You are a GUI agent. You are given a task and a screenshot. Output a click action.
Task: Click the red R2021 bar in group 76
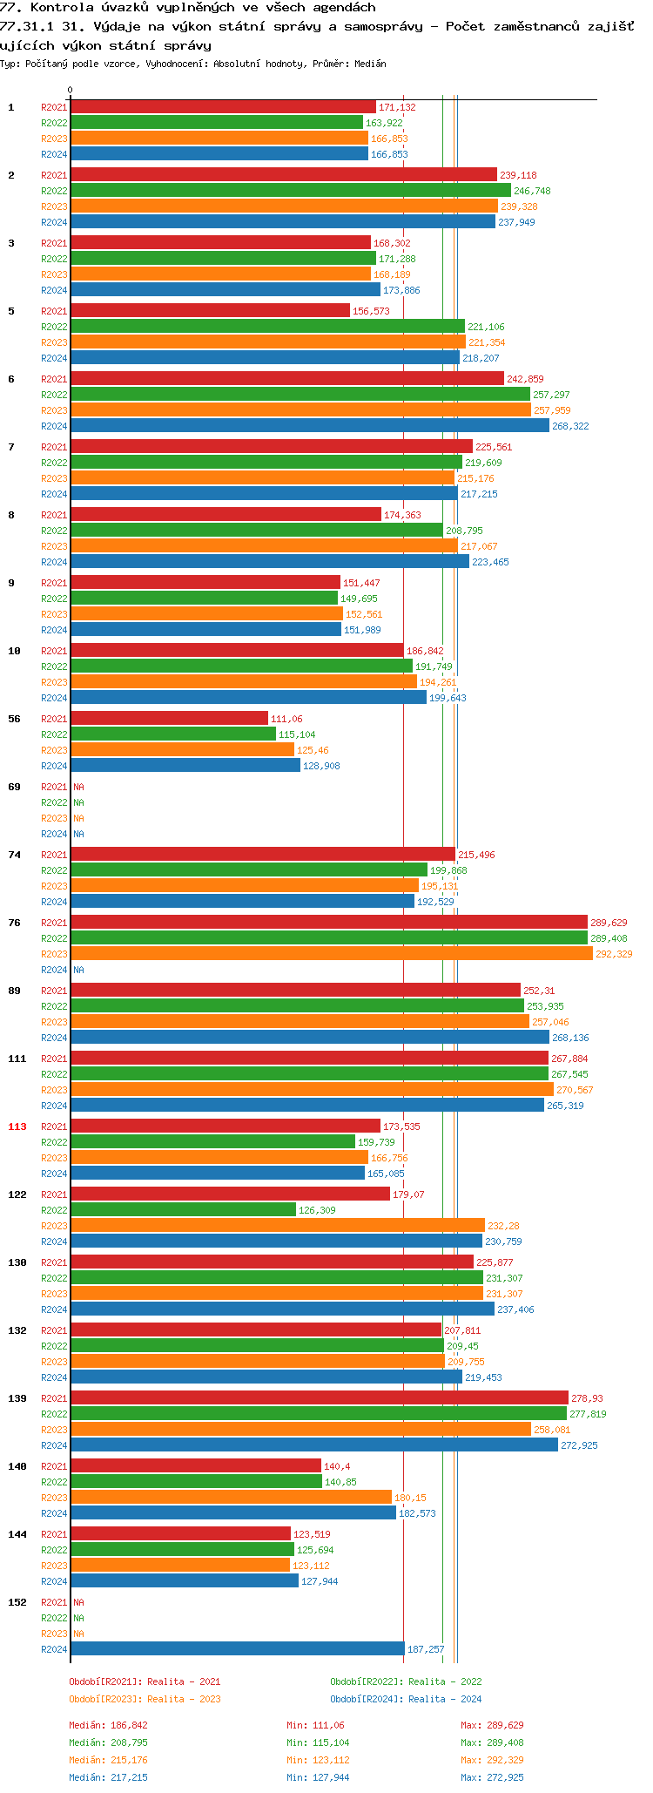click(x=328, y=922)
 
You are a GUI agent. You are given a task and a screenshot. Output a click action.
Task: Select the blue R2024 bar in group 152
click(x=237, y=1648)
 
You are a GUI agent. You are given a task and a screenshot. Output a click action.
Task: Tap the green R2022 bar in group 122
click(x=183, y=1209)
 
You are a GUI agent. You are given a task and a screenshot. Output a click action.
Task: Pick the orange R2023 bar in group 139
click(x=300, y=1429)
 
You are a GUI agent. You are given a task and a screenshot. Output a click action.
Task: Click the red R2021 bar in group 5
click(x=210, y=310)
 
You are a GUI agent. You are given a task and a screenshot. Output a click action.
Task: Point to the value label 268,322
click(x=570, y=426)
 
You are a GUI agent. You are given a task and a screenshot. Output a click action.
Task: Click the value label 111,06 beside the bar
click(x=286, y=719)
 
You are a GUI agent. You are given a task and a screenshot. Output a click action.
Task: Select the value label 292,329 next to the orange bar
click(x=614, y=954)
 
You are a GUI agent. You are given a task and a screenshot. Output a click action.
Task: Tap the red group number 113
click(x=17, y=1127)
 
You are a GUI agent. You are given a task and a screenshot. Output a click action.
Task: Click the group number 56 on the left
click(x=14, y=719)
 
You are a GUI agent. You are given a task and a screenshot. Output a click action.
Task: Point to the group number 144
click(x=17, y=1534)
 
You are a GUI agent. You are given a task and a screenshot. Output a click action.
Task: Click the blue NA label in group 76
click(x=78, y=970)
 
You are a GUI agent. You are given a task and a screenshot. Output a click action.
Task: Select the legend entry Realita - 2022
click(x=406, y=1681)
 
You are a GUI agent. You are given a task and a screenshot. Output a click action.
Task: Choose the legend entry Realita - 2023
click(x=145, y=1699)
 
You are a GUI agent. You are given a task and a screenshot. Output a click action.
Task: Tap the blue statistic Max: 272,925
click(x=492, y=1777)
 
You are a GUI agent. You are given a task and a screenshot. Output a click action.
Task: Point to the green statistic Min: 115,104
click(x=318, y=1742)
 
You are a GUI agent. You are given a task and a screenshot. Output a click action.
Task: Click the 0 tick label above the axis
click(x=70, y=90)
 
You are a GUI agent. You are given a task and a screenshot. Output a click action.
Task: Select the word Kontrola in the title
click(x=62, y=7)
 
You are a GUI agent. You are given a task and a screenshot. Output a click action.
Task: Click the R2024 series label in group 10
click(x=54, y=698)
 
